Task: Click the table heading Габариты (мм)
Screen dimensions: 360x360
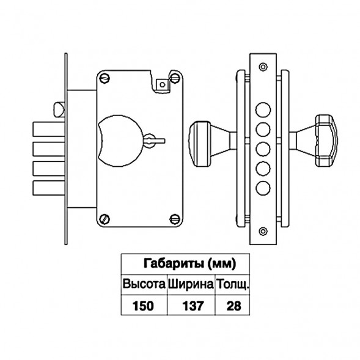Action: tap(189, 263)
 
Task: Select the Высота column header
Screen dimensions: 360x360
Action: tap(144, 284)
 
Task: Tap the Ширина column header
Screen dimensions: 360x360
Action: tap(191, 284)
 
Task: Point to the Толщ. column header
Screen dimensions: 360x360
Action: tap(233, 285)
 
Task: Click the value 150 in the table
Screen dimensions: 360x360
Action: tap(143, 306)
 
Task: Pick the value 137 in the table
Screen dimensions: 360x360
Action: tap(193, 306)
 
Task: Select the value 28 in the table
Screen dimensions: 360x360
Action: tap(233, 306)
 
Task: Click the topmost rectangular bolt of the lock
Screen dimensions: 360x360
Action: tap(49, 129)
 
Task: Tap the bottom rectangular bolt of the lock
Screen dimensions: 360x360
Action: tap(49, 188)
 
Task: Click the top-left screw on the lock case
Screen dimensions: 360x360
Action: tap(105, 78)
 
